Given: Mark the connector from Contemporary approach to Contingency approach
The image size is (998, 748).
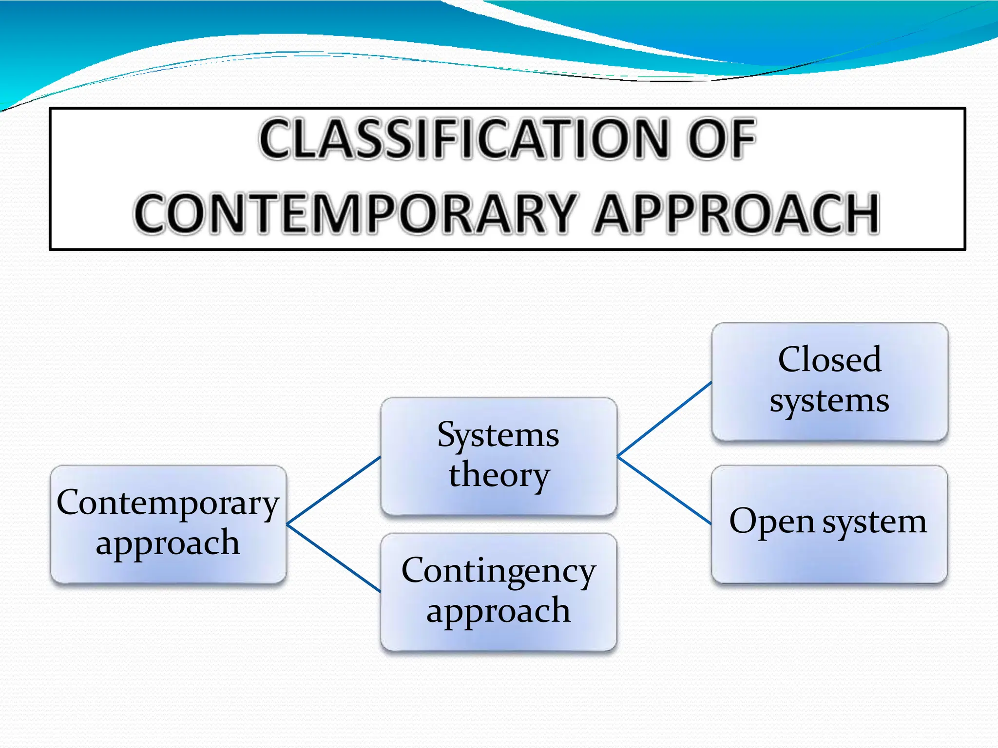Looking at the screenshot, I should pos(334,558).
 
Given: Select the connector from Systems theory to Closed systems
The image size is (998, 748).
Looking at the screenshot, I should pos(665,419).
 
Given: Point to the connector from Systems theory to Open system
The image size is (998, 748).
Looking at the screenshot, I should pos(665,490).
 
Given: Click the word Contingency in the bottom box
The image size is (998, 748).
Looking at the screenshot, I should pos(499,571).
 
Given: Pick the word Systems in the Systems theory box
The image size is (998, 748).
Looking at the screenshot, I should pos(498,434).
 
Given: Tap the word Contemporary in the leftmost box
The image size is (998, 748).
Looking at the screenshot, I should pos(168,503).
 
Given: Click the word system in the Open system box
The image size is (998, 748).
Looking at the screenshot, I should pos(874,522).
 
